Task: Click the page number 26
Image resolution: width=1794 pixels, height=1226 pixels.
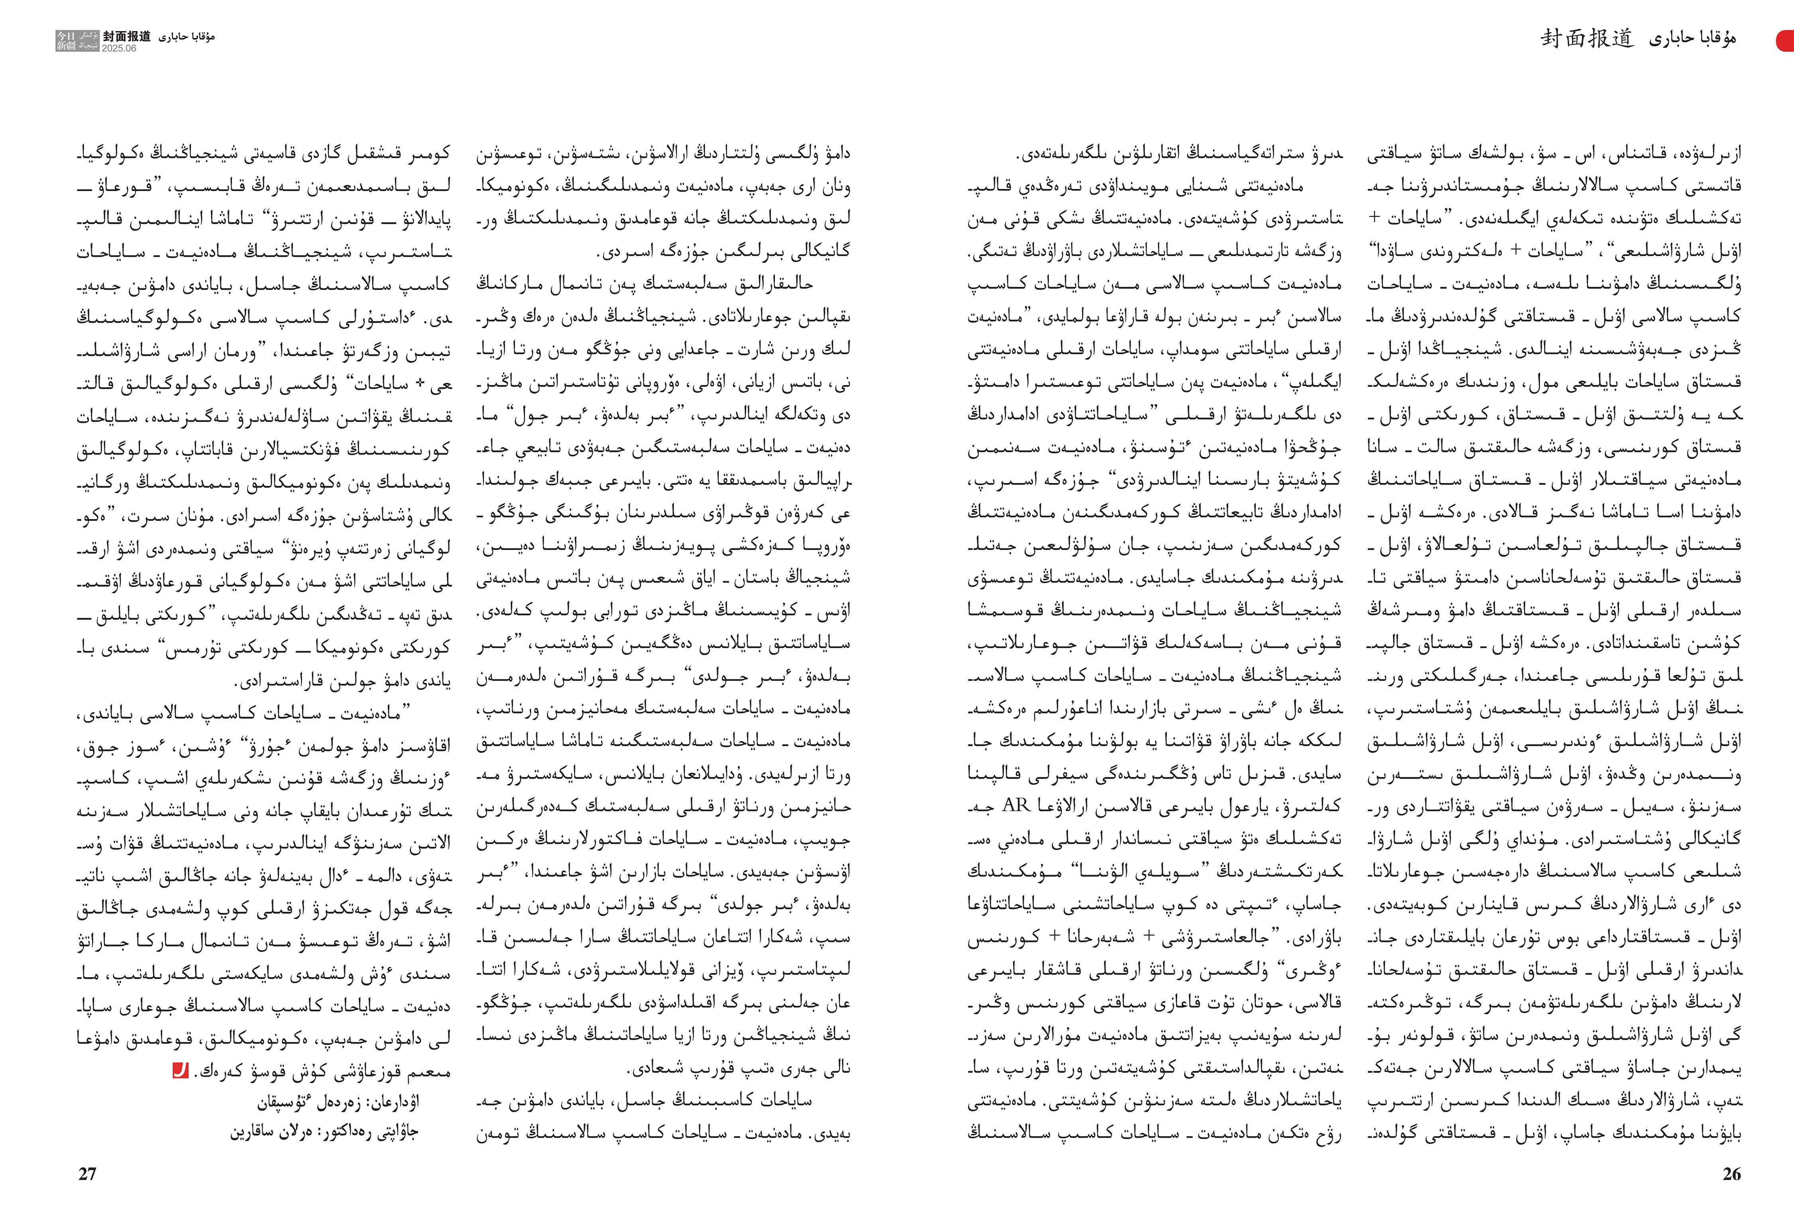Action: tap(1731, 1173)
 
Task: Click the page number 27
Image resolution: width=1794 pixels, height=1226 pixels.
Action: tap(87, 1173)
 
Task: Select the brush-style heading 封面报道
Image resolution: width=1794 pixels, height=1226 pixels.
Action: tap(1587, 39)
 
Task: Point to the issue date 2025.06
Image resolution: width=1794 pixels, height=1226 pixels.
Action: tap(119, 48)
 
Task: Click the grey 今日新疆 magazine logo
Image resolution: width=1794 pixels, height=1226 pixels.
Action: tap(77, 41)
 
